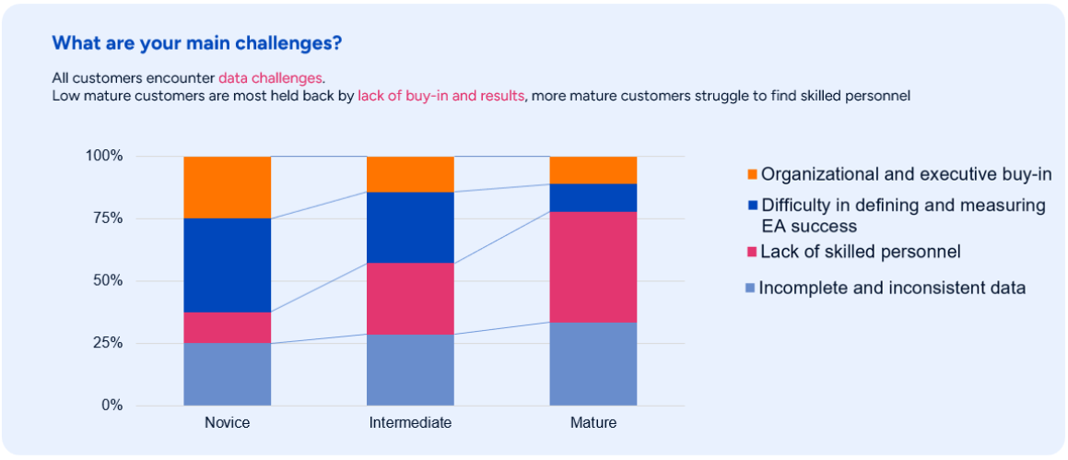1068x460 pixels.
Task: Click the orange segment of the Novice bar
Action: (x=227, y=187)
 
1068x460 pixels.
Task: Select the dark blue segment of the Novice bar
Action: (x=227, y=265)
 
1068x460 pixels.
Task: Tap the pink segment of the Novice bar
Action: (x=227, y=327)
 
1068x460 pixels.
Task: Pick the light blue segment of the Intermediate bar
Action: (x=410, y=370)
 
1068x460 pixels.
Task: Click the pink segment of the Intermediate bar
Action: (x=410, y=299)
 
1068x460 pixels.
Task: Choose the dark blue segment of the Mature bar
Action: (x=593, y=197)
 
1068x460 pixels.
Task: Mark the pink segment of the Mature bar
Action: (x=593, y=266)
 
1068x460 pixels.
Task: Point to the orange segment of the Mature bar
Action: (x=593, y=170)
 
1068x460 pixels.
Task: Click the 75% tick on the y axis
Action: (x=105, y=218)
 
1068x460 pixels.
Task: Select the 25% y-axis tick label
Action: (x=105, y=343)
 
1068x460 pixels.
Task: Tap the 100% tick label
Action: (x=102, y=156)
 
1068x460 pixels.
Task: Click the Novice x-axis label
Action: (x=227, y=423)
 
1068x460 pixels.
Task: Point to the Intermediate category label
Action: (x=410, y=423)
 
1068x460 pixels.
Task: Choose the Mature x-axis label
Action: (x=593, y=423)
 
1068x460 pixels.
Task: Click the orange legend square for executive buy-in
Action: (x=751, y=174)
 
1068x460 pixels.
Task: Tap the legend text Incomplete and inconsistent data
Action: (x=892, y=288)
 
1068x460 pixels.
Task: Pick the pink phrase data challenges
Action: (x=270, y=78)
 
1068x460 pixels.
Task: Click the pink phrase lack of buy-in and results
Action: (x=440, y=95)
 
